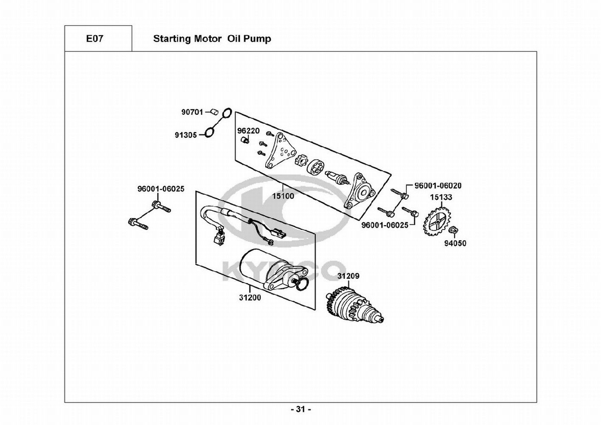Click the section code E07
click(x=95, y=39)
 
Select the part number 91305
click(x=185, y=135)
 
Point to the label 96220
click(x=248, y=131)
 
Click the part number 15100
click(x=283, y=196)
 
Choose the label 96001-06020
click(x=438, y=186)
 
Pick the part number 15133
click(x=441, y=197)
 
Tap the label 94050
click(x=455, y=244)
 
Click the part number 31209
click(x=348, y=276)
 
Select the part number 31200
click(x=250, y=297)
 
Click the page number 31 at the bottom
click(x=301, y=409)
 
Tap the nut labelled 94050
click(x=453, y=230)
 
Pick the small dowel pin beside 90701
click(x=214, y=112)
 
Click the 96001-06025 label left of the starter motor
click(x=160, y=189)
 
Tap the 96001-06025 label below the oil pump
click(x=385, y=225)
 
